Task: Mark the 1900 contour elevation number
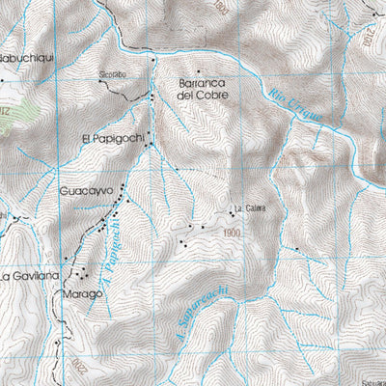pos(231,233)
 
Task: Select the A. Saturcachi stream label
pos(198,306)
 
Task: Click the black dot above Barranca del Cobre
pos(199,70)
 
